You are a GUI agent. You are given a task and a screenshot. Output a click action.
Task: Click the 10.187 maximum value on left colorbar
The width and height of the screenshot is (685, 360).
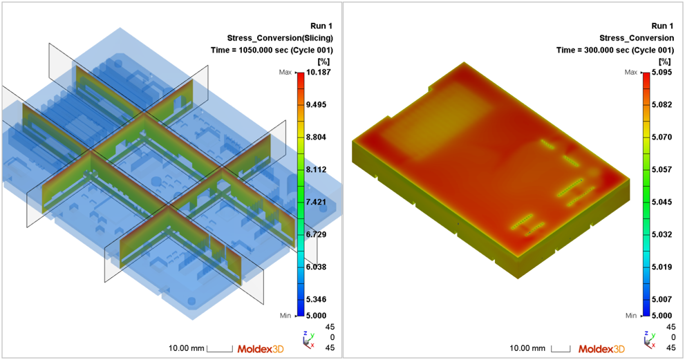pyautogui.click(x=319, y=72)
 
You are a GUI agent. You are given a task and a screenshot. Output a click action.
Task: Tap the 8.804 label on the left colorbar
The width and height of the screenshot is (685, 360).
pyautogui.click(x=317, y=138)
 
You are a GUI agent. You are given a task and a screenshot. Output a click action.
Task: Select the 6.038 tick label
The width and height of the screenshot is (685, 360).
pyautogui.click(x=317, y=267)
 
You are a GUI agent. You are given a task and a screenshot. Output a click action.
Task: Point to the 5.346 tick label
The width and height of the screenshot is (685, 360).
pyautogui.click(x=317, y=299)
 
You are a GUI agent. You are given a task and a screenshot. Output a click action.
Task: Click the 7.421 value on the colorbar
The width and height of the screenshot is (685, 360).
pyautogui.click(x=317, y=202)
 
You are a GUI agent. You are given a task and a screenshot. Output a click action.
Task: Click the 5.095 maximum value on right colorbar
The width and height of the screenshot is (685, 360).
pyautogui.click(x=662, y=72)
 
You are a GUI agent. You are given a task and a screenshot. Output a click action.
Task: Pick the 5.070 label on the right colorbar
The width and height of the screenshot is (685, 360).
pyautogui.click(x=662, y=138)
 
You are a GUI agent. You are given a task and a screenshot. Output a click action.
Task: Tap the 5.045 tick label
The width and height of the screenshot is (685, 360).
pyautogui.click(x=662, y=202)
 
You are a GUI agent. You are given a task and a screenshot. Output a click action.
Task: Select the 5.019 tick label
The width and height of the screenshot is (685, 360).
pyautogui.click(x=662, y=267)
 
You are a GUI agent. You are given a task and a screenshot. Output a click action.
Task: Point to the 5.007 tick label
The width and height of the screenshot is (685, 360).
pyautogui.click(x=662, y=299)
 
